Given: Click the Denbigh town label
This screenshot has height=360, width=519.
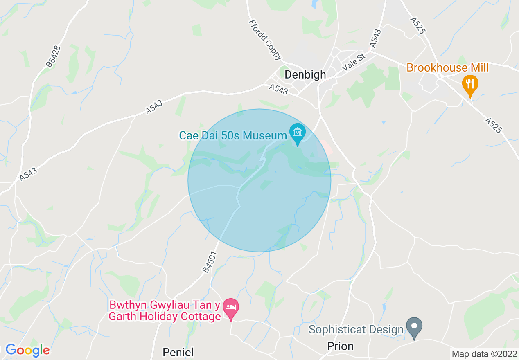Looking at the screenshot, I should click(x=305, y=74).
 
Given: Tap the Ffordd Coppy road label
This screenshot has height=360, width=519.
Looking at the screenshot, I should click(x=265, y=39).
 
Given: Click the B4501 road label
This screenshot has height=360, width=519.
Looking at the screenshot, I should click(x=209, y=262).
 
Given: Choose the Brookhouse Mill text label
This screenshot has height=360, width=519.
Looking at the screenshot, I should click(x=447, y=67).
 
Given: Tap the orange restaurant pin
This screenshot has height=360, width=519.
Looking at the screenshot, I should click(x=470, y=85).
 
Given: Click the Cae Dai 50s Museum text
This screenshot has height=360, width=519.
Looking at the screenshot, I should click(x=233, y=135).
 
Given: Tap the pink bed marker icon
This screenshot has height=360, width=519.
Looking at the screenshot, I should click(x=232, y=308).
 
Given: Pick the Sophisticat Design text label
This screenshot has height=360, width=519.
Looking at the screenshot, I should click(x=356, y=329).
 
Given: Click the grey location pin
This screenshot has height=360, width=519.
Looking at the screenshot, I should click(x=414, y=327).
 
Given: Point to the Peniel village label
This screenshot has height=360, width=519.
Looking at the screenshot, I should click(x=178, y=352).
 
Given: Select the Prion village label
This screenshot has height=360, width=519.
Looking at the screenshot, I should click(x=340, y=346).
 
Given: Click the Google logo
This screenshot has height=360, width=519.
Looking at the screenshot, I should click(x=27, y=350).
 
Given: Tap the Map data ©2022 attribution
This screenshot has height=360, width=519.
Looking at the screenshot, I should click(x=484, y=354).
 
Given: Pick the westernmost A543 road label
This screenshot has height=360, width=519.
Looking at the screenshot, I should click(x=28, y=175).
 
